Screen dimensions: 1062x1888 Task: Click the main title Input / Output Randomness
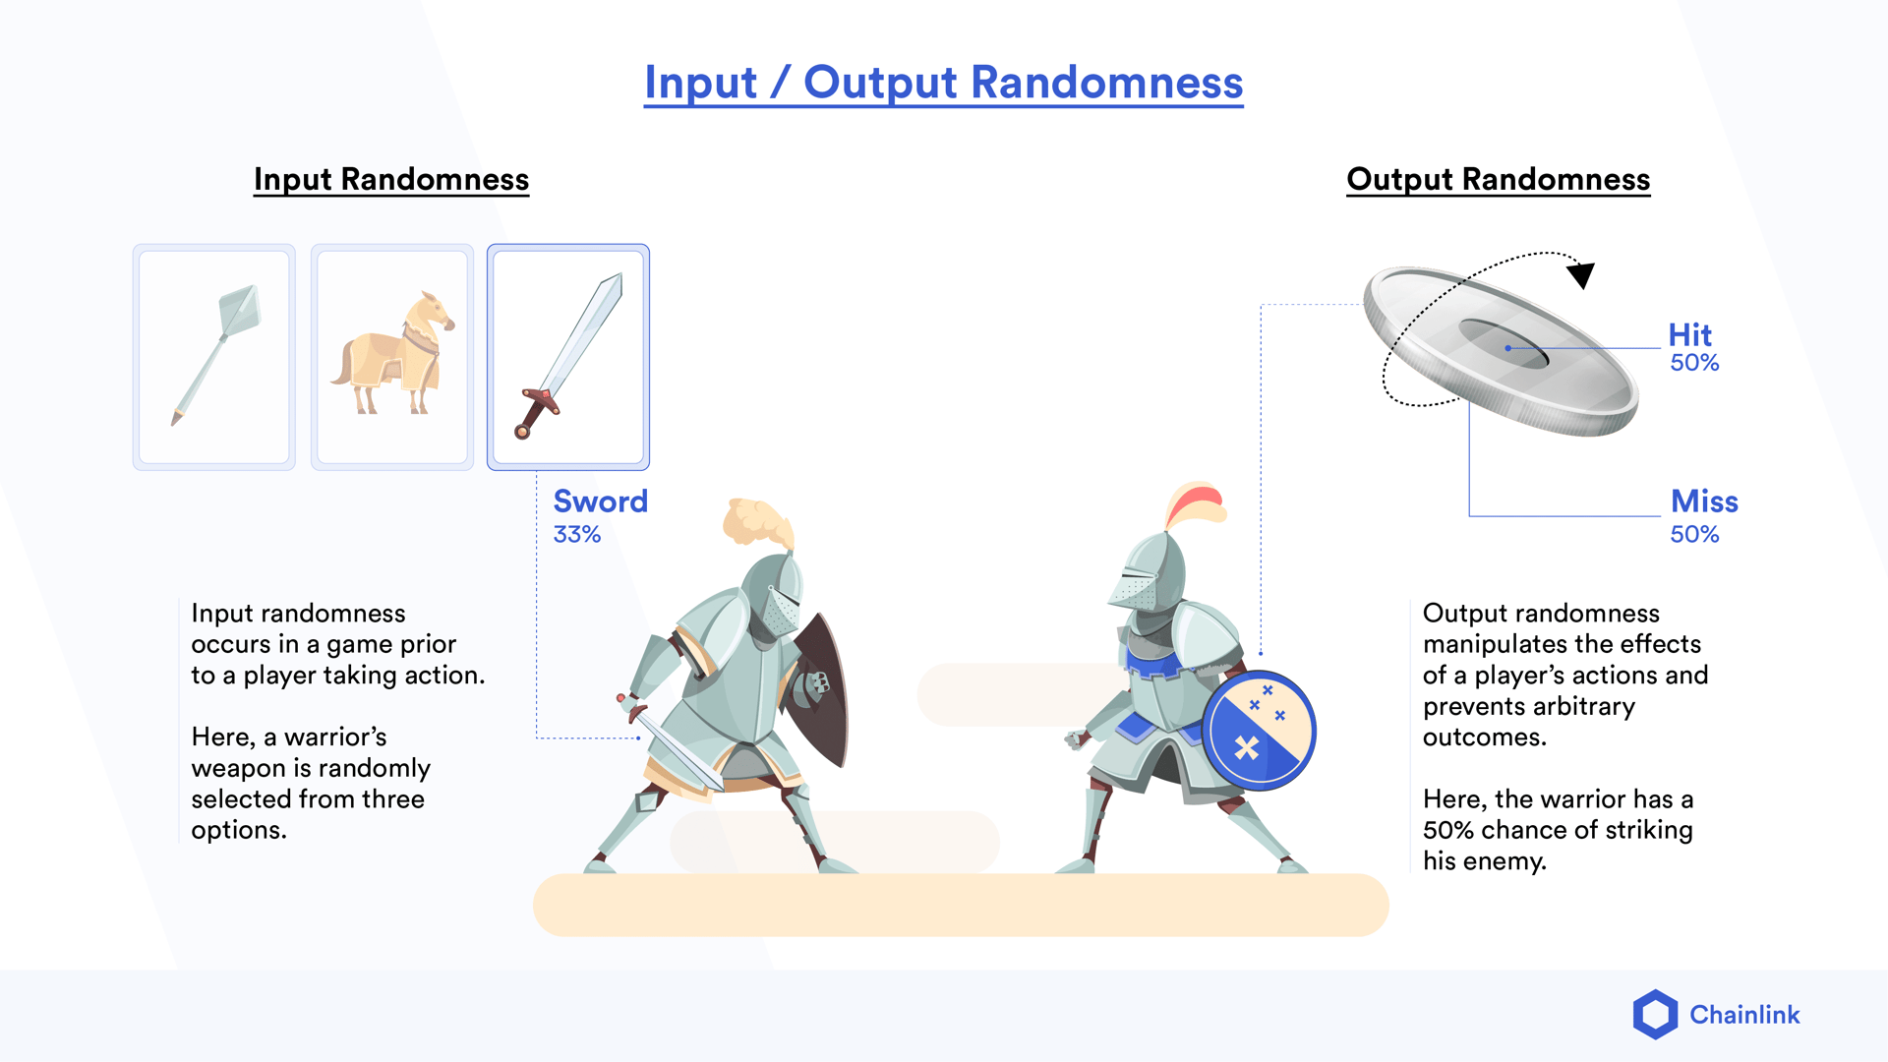pyautogui.click(x=943, y=83)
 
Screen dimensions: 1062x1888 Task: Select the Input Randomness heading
pyautogui.click(x=391, y=179)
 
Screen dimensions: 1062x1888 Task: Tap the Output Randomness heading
pyautogui.click(x=1498, y=179)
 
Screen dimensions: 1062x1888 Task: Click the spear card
pyautogui.click(x=214, y=356)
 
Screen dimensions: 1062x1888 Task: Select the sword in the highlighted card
pyautogui.click(x=569, y=356)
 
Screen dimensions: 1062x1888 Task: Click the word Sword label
pyautogui.click(x=600, y=501)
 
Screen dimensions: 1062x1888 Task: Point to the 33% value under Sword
pyautogui.click(x=576, y=535)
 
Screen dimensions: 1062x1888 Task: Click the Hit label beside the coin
pyautogui.click(x=1689, y=334)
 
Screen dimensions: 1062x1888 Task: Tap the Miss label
pyautogui.click(x=1704, y=501)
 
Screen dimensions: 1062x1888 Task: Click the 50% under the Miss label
pyautogui.click(x=1694, y=535)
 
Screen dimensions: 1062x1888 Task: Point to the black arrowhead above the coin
pyautogui.click(x=1581, y=274)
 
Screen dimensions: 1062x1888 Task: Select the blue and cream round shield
pyautogui.click(x=1259, y=732)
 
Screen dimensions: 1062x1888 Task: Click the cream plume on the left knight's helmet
pyautogui.click(x=757, y=521)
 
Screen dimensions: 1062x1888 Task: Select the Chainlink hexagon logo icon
pyautogui.click(x=1655, y=1014)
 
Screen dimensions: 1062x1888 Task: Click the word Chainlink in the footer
pyautogui.click(x=1744, y=1015)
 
